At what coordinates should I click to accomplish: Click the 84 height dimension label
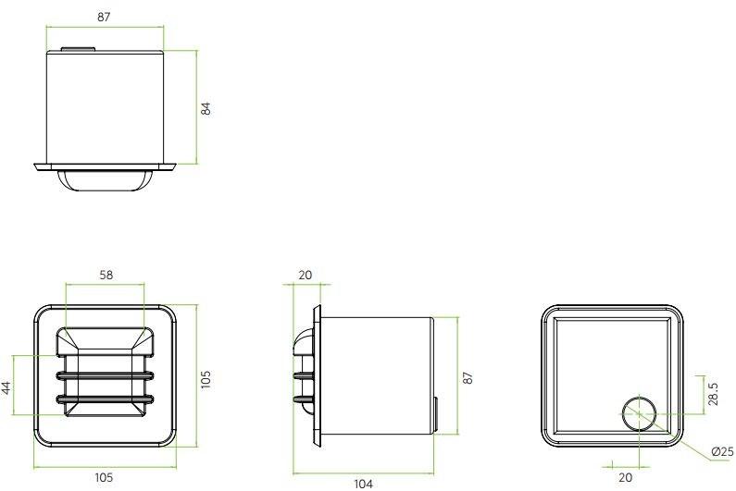[x=207, y=108]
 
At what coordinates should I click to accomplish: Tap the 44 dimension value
[x=6, y=387]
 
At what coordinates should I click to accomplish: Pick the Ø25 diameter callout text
[x=722, y=452]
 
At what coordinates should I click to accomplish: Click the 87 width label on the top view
[x=106, y=16]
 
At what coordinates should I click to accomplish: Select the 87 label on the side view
[x=468, y=377]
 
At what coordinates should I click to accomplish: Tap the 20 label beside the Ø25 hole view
[x=626, y=478]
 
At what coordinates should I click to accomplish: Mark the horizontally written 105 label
[x=104, y=478]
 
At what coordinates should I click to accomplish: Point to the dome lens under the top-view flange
[x=105, y=179]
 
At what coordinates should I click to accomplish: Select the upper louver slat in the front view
[x=105, y=376]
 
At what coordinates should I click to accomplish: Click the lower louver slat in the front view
[x=105, y=399]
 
